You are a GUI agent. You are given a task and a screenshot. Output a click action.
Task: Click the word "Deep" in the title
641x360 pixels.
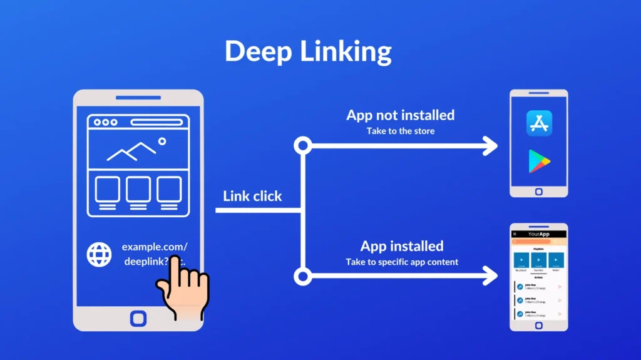(x=257, y=51)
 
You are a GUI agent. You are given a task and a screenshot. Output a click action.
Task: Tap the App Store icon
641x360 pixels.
(x=539, y=123)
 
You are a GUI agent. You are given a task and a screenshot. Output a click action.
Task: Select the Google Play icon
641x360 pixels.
(x=538, y=160)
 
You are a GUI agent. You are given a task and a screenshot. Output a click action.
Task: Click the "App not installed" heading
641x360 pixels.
(x=400, y=115)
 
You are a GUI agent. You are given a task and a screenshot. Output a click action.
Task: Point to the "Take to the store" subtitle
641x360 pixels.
(x=400, y=131)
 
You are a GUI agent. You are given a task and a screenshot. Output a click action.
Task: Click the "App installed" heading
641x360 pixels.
(x=401, y=246)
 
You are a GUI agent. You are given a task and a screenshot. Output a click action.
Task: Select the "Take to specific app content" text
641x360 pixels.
(x=402, y=262)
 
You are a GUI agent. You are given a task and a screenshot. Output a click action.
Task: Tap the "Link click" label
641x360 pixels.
(x=252, y=196)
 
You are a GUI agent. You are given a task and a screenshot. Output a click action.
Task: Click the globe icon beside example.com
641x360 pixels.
(x=99, y=255)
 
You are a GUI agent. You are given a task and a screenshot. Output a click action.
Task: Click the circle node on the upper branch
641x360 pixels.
(x=303, y=147)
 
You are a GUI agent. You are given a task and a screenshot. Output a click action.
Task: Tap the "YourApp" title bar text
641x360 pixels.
(x=538, y=234)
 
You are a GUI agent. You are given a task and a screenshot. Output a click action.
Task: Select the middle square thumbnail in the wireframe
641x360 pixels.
(x=138, y=189)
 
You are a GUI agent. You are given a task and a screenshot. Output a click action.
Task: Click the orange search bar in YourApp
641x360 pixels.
(x=538, y=241)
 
